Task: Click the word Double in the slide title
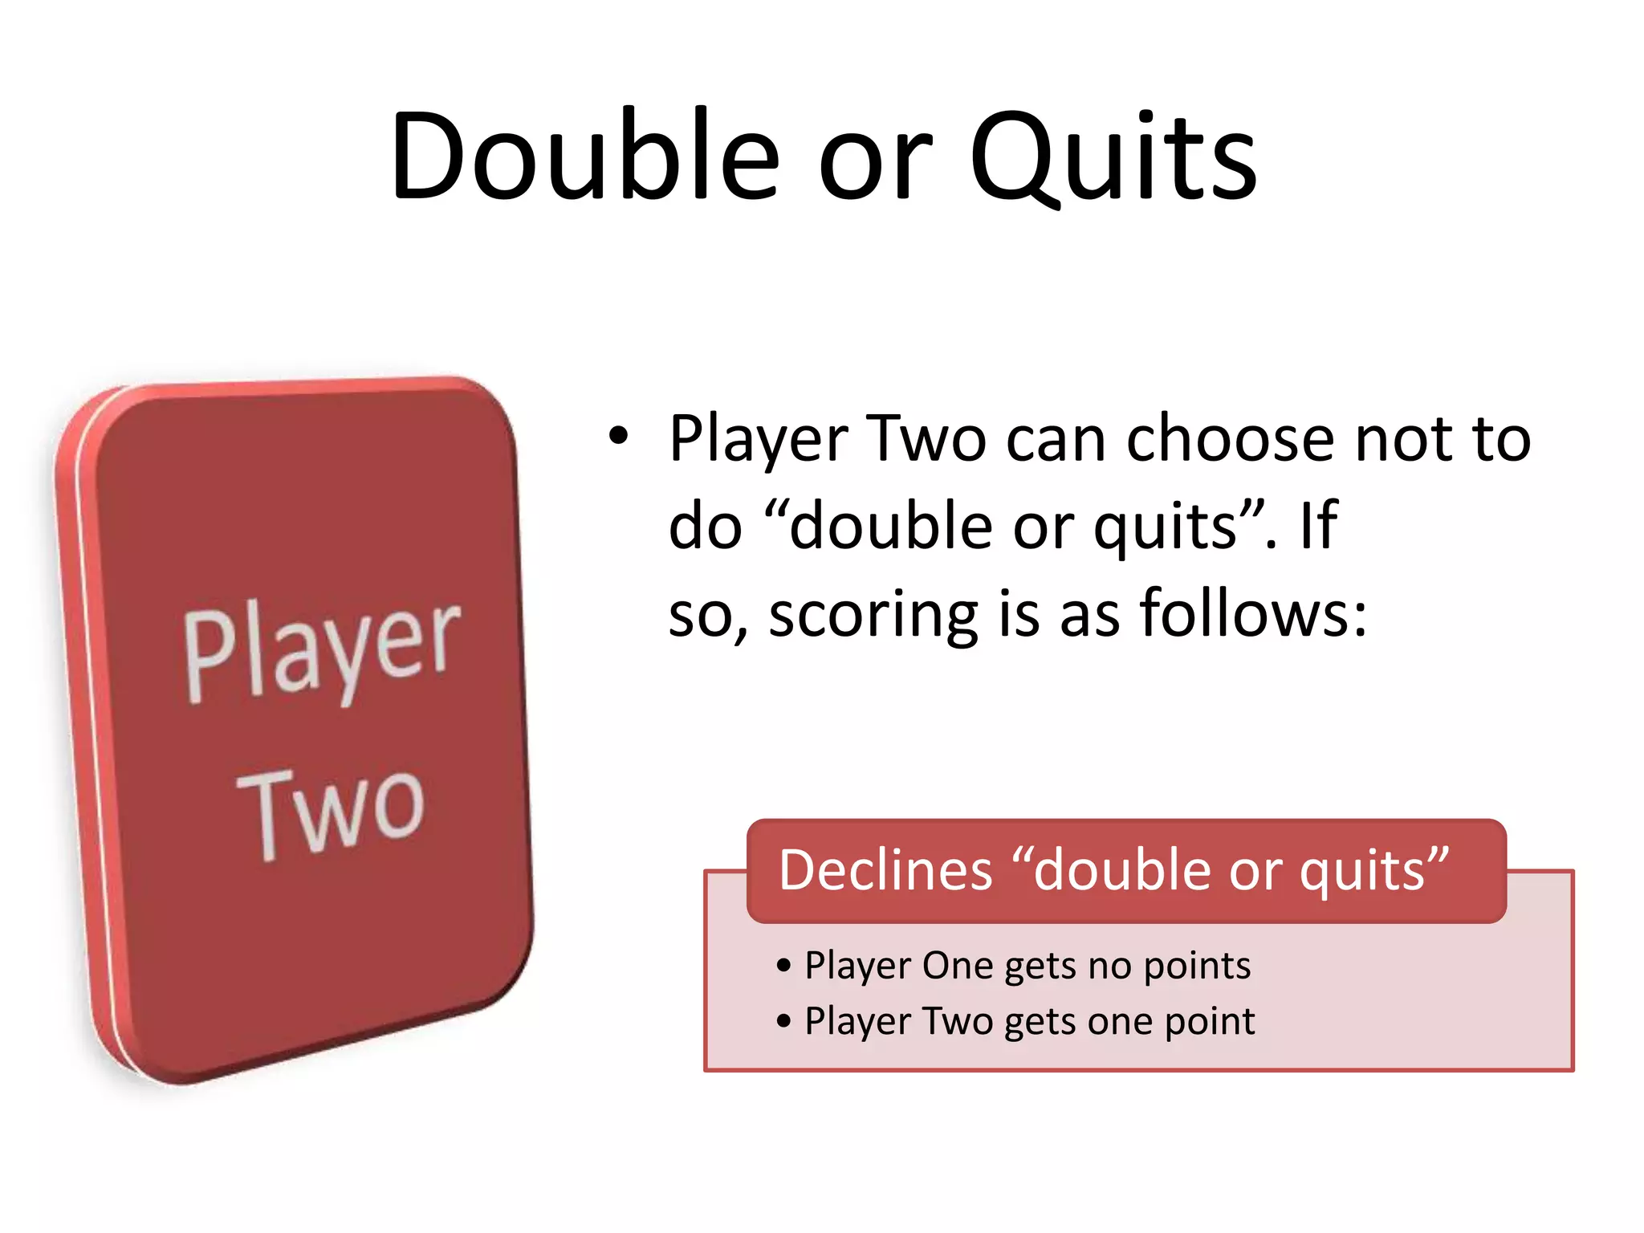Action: [x=584, y=156]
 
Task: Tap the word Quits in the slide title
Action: [x=1113, y=159]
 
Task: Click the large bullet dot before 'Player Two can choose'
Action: [x=617, y=437]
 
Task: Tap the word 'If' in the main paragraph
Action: [x=1318, y=526]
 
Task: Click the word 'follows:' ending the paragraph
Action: [x=1254, y=613]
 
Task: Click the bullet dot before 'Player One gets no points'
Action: [x=784, y=966]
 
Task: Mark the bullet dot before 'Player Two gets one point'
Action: [x=784, y=1022]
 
